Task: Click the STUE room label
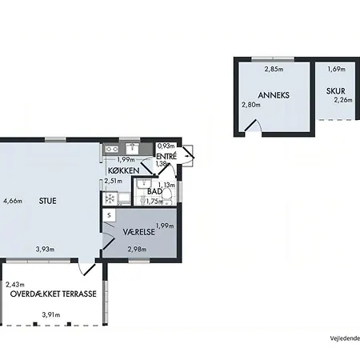pyautogui.click(x=48, y=201)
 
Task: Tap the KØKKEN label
pyautogui.click(x=124, y=170)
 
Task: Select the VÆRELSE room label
pyautogui.click(x=138, y=232)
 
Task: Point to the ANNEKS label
pyautogui.click(x=274, y=95)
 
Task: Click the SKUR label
pyautogui.click(x=336, y=91)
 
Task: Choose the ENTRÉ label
pyautogui.click(x=166, y=156)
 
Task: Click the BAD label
pyautogui.click(x=154, y=191)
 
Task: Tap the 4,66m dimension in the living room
pyautogui.click(x=13, y=201)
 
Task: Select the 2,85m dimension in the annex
pyautogui.click(x=274, y=70)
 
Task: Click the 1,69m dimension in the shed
pyautogui.click(x=337, y=70)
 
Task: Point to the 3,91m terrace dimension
pyautogui.click(x=51, y=315)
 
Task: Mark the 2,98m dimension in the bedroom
pyautogui.click(x=137, y=250)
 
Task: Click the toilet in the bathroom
pyautogui.click(x=167, y=196)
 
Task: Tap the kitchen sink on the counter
pyautogui.click(x=132, y=148)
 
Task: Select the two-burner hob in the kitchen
pyautogui.click(x=111, y=149)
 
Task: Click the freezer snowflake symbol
pyautogui.click(x=110, y=198)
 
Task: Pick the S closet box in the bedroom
pyautogui.click(x=109, y=215)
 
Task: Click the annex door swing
pyautogui.click(x=253, y=126)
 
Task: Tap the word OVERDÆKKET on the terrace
pyautogui.click(x=35, y=294)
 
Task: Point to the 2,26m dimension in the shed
pyautogui.click(x=343, y=100)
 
